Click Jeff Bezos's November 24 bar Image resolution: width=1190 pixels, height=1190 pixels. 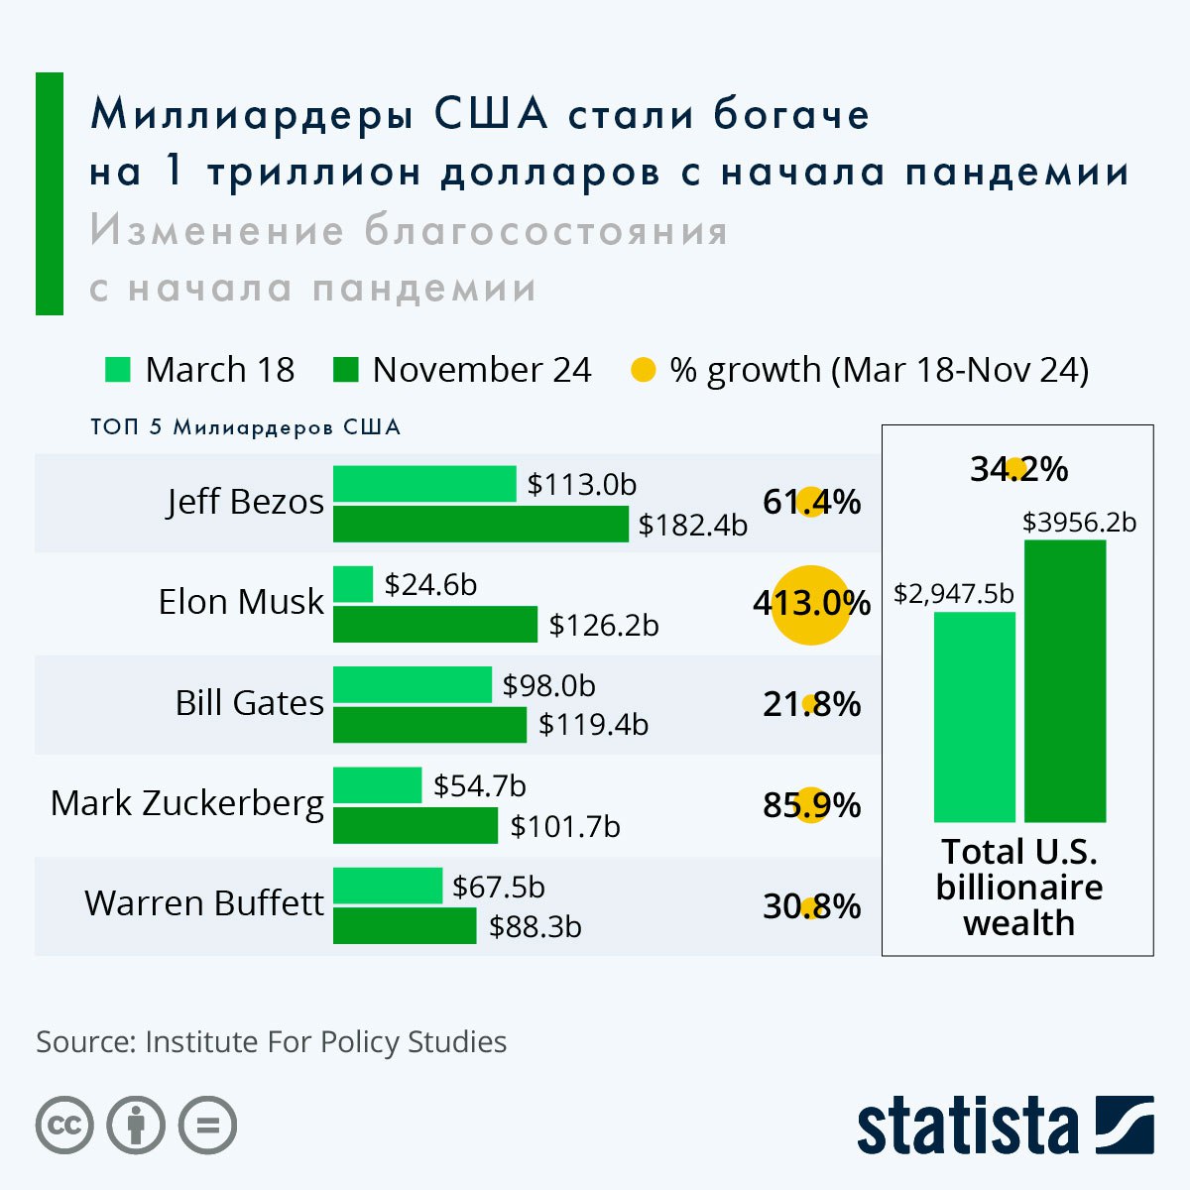(x=480, y=524)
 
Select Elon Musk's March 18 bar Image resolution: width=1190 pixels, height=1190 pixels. (x=353, y=584)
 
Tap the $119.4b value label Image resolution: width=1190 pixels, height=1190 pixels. (x=593, y=725)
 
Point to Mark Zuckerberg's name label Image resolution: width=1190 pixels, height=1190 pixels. (x=187, y=803)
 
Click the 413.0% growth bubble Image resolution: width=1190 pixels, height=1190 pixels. (x=811, y=604)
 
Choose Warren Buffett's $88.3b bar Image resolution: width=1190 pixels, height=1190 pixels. (x=405, y=926)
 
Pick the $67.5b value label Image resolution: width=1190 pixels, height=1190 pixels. (x=498, y=887)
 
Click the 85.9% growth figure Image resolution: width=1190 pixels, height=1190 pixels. (x=811, y=805)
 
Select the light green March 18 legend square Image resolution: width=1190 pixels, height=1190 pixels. (x=118, y=370)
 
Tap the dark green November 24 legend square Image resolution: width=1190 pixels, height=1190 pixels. (x=346, y=370)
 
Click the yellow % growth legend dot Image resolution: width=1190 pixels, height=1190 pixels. (x=644, y=371)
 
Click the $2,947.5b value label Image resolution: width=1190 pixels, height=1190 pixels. (x=954, y=593)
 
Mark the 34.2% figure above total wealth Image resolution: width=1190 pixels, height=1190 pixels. (x=1018, y=468)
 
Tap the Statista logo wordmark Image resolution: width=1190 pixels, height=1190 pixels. (x=967, y=1127)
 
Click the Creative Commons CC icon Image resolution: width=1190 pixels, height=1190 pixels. (x=65, y=1126)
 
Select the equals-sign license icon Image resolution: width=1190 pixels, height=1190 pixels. (x=207, y=1126)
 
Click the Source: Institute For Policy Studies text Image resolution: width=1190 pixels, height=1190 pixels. (x=271, y=1042)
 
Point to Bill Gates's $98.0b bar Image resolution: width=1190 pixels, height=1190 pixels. (x=413, y=684)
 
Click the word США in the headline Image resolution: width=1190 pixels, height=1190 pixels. (x=491, y=114)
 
